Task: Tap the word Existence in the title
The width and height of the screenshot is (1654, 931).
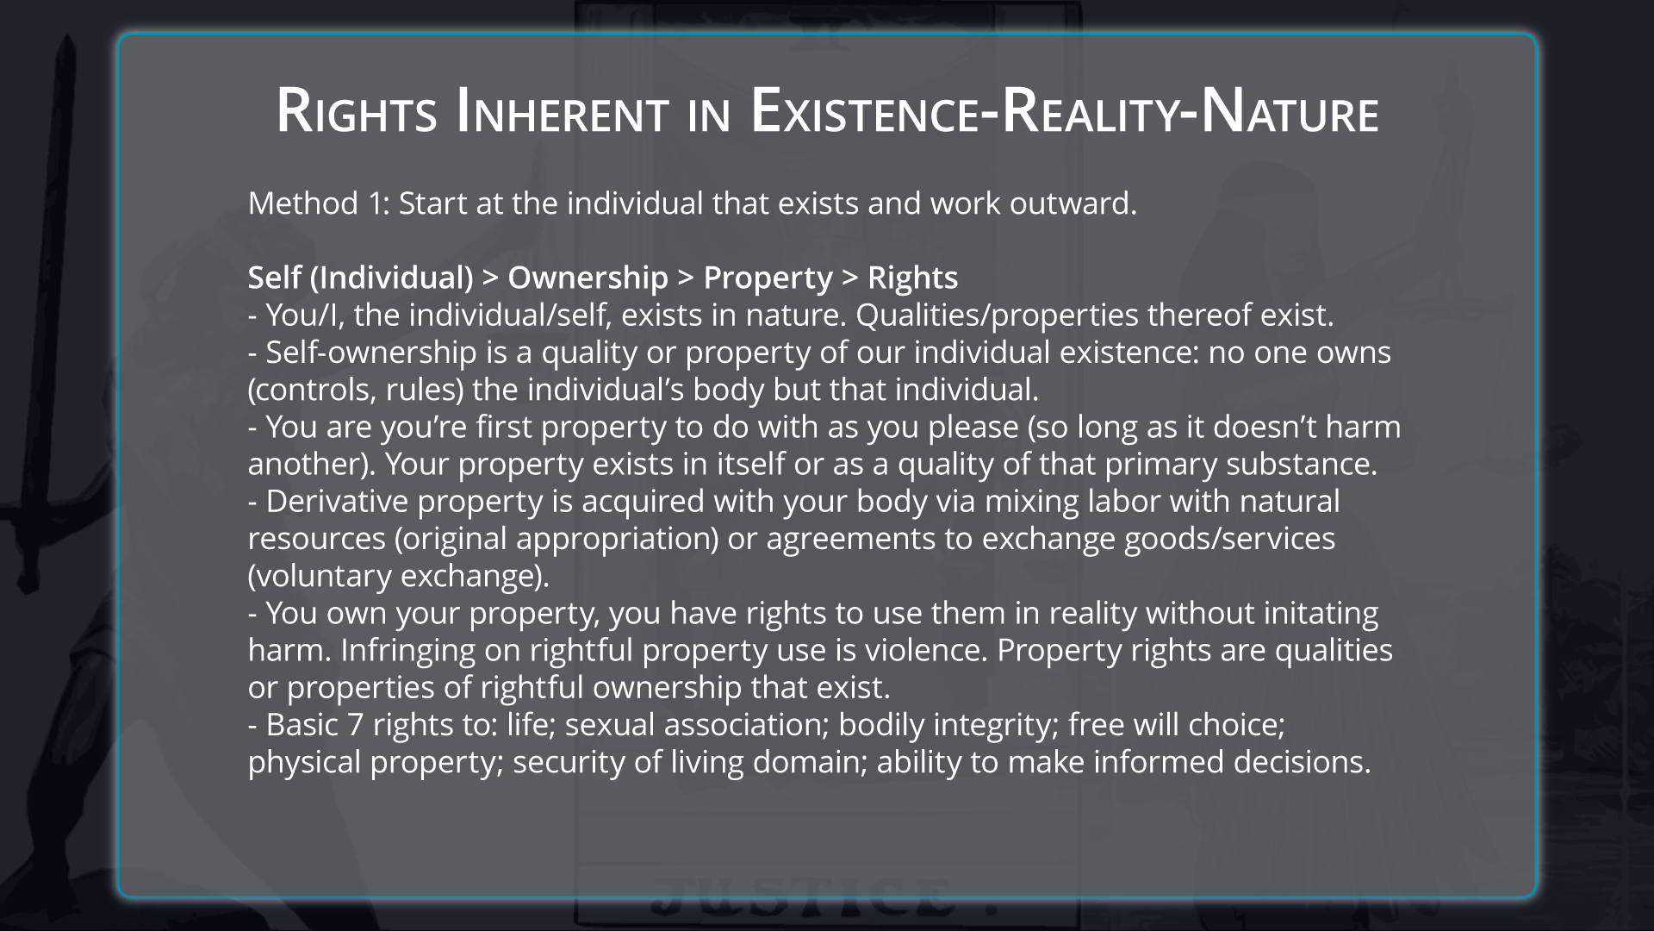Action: click(867, 112)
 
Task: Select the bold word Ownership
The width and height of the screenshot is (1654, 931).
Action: click(588, 278)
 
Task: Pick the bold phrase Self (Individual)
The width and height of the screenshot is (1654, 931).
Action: click(360, 278)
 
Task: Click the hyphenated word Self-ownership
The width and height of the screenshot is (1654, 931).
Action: click(371, 353)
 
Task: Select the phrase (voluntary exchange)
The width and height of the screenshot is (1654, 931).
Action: click(398, 576)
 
